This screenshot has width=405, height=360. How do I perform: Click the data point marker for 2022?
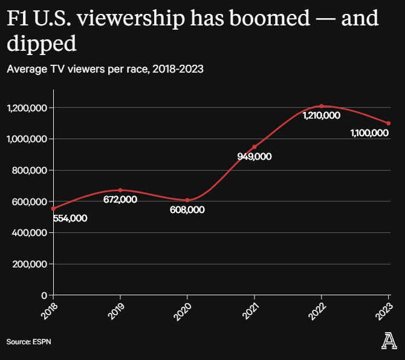[322, 106]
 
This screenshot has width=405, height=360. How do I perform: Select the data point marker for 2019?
[120, 190]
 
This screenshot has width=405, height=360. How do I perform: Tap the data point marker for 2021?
[254, 147]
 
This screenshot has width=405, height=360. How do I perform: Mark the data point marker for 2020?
[187, 200]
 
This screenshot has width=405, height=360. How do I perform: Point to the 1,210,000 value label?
[322, 116]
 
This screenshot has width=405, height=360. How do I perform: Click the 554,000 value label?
[70, 218]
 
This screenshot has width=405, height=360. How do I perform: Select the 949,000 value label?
[254, 157]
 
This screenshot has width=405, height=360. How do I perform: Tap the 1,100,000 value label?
[369, 133]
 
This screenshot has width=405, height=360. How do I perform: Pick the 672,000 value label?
[120, 200]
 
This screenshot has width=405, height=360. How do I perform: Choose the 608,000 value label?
[187, 210]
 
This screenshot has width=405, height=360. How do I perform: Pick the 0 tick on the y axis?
[44, 295]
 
